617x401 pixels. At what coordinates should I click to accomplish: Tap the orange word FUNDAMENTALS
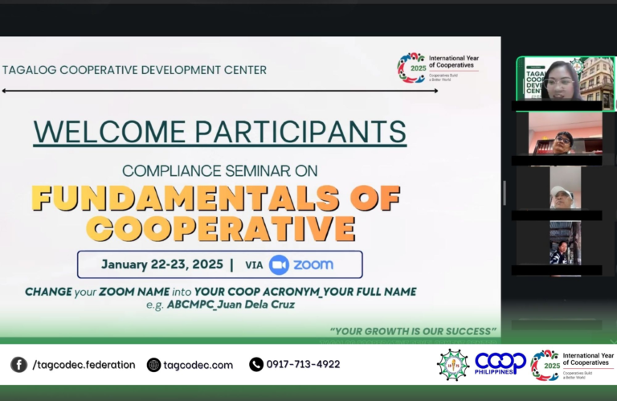(216, 197)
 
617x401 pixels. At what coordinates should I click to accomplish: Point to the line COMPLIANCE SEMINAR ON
(220, 170)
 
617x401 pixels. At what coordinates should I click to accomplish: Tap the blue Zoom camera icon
(279, 264)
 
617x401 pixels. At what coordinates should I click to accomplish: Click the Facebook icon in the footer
(18, 364)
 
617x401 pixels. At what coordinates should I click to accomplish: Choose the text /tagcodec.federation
(84, 364)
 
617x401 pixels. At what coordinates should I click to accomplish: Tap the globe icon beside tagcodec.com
(153, 365)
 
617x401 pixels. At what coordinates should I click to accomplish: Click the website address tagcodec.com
(198, 365)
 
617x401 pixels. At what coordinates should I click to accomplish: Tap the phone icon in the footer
(256, 364)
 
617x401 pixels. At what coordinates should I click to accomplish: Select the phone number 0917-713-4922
(304, 364)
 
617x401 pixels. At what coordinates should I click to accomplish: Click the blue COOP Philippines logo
(500, 364)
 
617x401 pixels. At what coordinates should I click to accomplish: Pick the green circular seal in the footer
(452, 365)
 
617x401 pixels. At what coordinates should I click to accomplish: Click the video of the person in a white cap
(561, 192)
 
